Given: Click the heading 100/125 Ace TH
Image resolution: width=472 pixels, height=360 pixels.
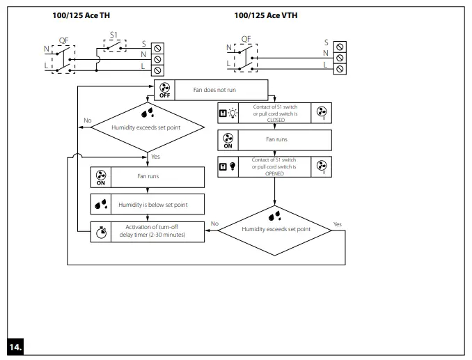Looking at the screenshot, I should pos(81,15).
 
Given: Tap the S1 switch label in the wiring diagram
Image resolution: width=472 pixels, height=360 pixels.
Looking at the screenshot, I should pos(115,35).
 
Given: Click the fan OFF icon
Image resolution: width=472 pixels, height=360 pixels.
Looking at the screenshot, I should pos(164,91).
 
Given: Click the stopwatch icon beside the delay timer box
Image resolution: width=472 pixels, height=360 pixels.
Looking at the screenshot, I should pos(101,231).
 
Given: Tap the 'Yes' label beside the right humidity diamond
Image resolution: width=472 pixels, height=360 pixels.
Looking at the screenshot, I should pos(338,224).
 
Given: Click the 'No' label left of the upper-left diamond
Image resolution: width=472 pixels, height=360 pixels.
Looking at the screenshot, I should pos(87,120).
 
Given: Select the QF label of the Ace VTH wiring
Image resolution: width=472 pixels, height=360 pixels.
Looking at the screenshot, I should pos(246,39).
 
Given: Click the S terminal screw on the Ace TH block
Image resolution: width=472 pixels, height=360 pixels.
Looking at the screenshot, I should pos(157,47).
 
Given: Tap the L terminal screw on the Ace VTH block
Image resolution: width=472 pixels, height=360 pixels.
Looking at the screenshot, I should pos(340,68).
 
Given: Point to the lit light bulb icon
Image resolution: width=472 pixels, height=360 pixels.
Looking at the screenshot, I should pos(232,112).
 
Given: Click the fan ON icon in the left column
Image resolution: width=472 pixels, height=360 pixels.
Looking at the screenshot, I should pos(101,177).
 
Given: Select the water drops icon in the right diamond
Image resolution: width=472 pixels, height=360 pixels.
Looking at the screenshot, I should pos(276,216).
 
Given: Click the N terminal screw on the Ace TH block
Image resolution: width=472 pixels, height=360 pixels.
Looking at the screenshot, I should pos(157,58).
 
